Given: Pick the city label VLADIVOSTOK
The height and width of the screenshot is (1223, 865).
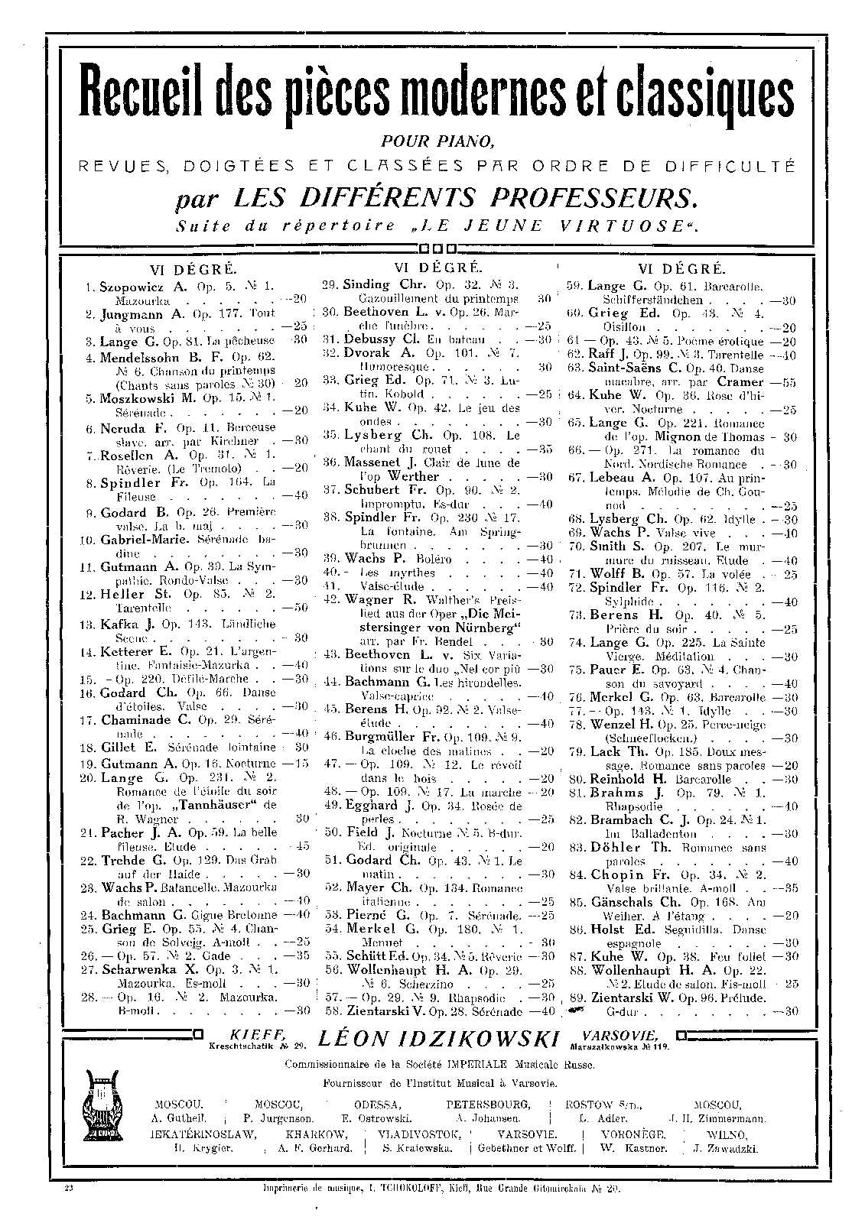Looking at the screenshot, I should pos(420,1134).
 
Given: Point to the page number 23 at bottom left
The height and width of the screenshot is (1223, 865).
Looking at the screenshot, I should pos(69,1189).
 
